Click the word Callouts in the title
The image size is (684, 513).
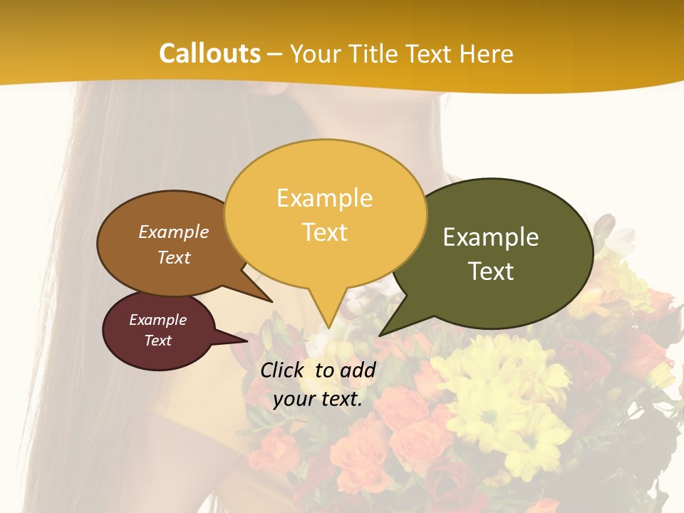209,53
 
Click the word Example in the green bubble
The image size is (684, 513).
491,237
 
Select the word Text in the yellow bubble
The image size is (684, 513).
325,232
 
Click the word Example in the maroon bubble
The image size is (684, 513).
157,320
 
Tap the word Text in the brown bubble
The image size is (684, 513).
174,257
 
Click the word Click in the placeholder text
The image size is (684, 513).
283,370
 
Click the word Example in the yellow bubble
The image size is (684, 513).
325,198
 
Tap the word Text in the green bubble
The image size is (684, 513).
491,271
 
